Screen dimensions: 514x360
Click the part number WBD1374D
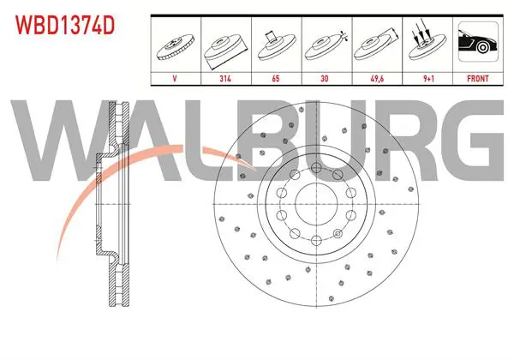[x=65, y=26]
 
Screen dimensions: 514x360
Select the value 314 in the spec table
[x=225, y=79]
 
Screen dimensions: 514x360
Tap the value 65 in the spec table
[x=276, y=79]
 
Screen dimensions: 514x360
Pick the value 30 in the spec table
[x=325, y=79]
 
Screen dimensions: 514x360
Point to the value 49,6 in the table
[x=377, y=79]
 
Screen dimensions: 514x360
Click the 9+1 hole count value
[x=428, y=79]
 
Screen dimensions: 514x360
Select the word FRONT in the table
[x=478, y=79]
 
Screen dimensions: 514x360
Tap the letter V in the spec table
[x=175, y=79]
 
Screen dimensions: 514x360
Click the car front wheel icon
[x=478, y=41]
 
